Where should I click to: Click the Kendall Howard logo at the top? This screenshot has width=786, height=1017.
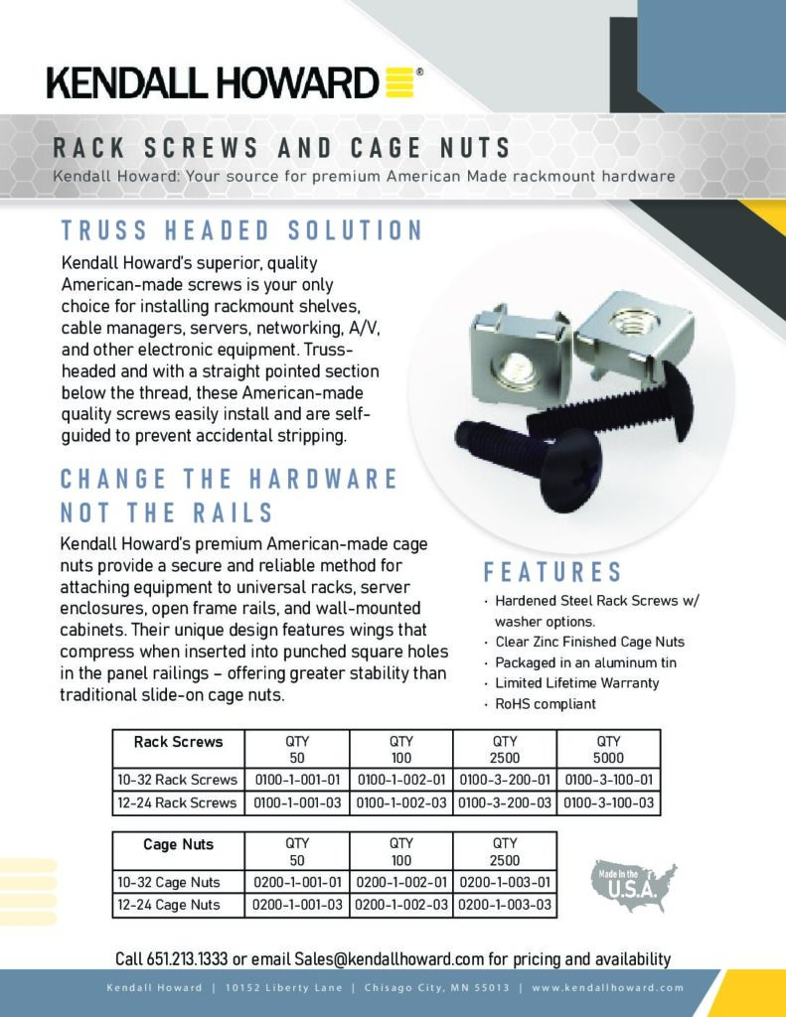pos(236,82)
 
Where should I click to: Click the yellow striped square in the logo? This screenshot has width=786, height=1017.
pos(397,82)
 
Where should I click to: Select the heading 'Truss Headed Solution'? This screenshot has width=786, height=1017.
pos(242,230)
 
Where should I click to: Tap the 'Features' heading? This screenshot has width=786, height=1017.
pos(552,572)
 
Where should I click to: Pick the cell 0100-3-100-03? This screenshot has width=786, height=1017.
pos(608,801)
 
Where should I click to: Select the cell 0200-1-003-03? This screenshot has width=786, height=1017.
pos(504,905)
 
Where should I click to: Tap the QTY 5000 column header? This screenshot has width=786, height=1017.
pos(608,748)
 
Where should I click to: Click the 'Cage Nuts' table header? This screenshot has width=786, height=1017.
pos(179,844)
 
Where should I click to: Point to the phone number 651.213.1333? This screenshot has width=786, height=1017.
pos(188,959)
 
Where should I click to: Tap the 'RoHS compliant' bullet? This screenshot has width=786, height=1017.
pos(545,704)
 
